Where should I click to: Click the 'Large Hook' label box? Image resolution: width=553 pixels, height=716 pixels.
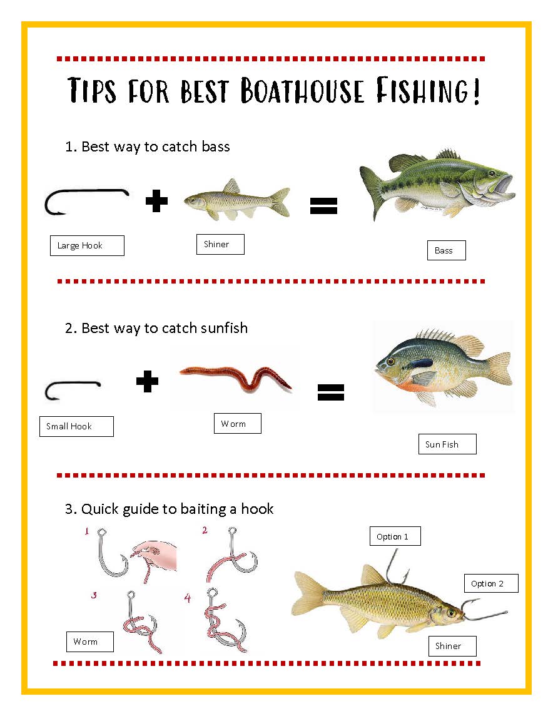(x=87, y=245)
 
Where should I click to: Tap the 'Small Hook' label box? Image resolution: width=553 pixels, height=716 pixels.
(x=76, y=426)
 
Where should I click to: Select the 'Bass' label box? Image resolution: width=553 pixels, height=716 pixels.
(x=447, y=250)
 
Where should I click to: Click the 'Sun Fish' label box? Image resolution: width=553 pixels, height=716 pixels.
(x=447, y=444)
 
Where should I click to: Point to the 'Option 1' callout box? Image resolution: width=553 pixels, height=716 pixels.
(x=395, y=536)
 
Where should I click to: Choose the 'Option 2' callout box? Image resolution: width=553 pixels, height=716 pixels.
(x=491, y=583)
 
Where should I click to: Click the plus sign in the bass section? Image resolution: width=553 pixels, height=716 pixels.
(x=156, y=202)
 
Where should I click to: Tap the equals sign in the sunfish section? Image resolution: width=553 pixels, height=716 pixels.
(x=331, y=392)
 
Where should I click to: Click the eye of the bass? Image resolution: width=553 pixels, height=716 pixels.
(x=492, y=173)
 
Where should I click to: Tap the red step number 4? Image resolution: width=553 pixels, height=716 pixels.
(x=188, y=598)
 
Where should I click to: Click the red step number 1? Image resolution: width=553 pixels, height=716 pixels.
(x=86, y=532)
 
